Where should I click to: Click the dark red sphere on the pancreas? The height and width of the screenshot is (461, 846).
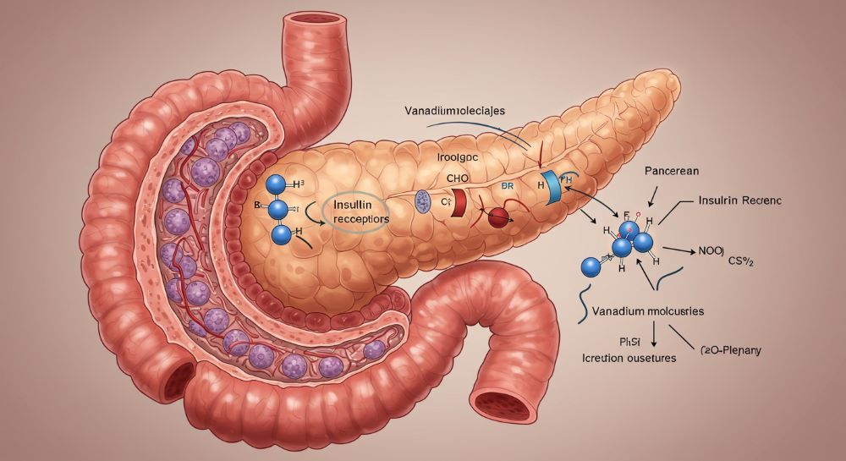[499, 218]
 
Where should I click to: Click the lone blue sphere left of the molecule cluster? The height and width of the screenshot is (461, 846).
[591, 267]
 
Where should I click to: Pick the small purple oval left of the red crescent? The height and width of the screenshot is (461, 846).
[423, 200]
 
